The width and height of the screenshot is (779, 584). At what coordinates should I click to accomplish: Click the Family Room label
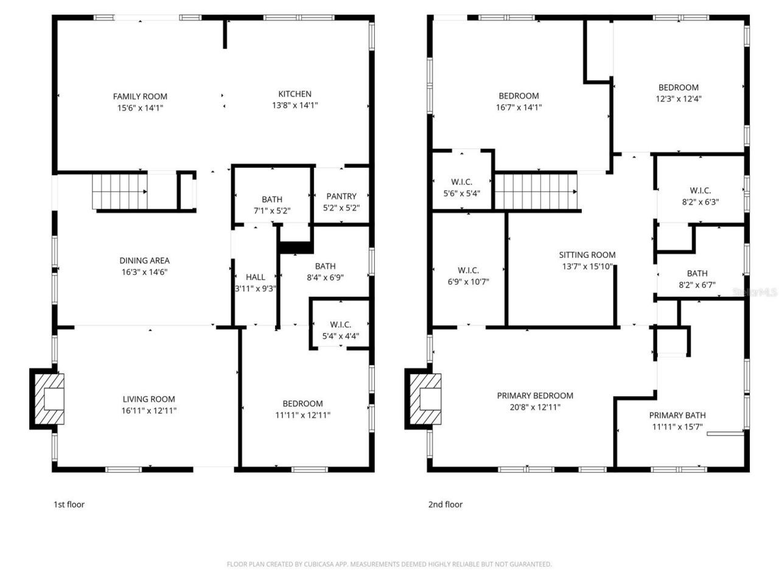click(140, 96)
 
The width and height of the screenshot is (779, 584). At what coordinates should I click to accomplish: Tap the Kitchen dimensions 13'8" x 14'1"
click(295, 105)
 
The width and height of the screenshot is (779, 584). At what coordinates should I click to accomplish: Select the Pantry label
click(341, 196)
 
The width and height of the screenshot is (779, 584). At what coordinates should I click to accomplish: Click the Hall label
click(255, 277)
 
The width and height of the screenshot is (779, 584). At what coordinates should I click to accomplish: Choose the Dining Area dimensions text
click(144, 272)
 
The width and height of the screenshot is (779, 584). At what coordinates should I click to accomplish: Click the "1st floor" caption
click(69, 504)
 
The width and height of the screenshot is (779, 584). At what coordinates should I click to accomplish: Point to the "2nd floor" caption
click(445, 504)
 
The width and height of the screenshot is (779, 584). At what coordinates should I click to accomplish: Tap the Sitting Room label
click(587, 255)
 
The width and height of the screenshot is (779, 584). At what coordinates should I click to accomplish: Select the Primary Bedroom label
click(535, 395)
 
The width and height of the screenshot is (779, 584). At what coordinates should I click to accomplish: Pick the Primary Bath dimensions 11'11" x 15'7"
click(677, 426)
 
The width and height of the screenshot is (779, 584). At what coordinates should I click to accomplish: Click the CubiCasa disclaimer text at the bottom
click(389, 564)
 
